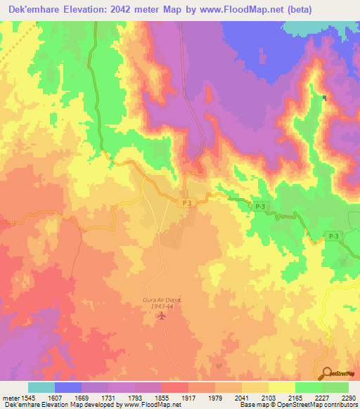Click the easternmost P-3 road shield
click(332, 237)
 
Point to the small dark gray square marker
click(324, 98)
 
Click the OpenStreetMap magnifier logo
click(326, 372)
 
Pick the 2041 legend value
click(241, 397)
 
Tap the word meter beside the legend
click(10, 397)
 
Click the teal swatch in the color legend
click(41, 387)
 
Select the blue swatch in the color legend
click(68, 387)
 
